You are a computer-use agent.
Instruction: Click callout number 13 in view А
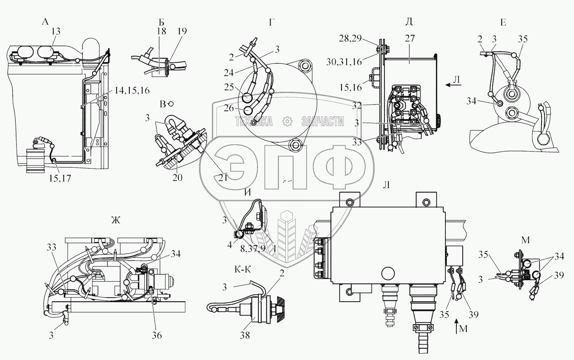tap(55, 32)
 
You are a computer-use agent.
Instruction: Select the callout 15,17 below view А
tap(60, 178)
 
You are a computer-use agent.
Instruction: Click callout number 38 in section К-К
tap(245, 335)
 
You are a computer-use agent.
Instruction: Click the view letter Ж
tap(115, 221)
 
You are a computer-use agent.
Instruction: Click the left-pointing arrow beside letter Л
tap(452, 85)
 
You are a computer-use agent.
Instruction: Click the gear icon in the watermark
tap(287, 121)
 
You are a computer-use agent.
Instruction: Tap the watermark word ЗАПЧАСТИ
tap(322, 121)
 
